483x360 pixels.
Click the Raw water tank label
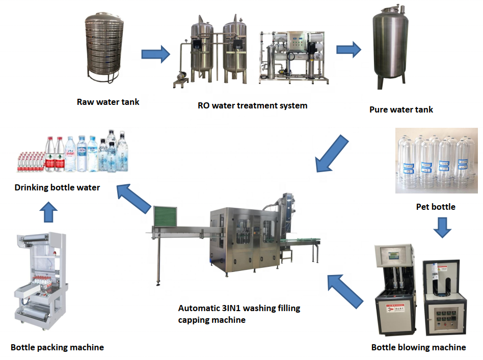pyautogui.click(x=108, y=102)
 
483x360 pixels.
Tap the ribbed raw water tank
pyautogui.click(x=104, y=47)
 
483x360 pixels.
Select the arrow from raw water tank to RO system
pyautogui.click(x=155, y=54)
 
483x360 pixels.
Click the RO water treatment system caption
pyautogui.click(x=252, y=105)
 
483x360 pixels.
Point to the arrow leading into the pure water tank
pyautogui.click(x=348, y=49)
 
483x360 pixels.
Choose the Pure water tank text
pyautogui.click(x=401, y=109)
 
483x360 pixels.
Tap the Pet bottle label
pyautogui.click(x=436, y=207)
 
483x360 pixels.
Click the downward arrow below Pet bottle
pyautogui.click(x=442, y=228)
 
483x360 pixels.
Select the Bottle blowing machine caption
pyautogui.click(x=418, y=347)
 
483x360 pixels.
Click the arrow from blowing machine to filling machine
pyautogui.click(x=345, y=291)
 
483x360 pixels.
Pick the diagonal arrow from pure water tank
pyautogui.click(x=332, y=153)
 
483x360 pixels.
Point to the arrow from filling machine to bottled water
pyautogui.click(x=134, y=198)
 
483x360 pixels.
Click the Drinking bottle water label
pyautogui.click(x=57, y=187)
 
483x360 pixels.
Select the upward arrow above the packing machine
pyautogui.click(x=49, y=212)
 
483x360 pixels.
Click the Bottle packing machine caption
pyautogui.click(x=57, y=347)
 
